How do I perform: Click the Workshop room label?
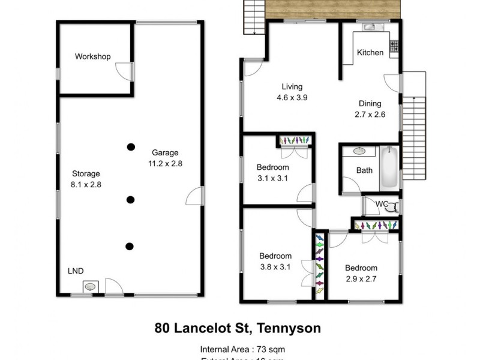coord(92,56)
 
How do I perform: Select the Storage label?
coord(83,174)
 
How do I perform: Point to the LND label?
coord(75,271)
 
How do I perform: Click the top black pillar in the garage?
coord(130,146)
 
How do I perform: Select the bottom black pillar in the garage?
coord(130,246)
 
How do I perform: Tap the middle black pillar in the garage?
coord(130,200)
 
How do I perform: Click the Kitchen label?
coord(370,53)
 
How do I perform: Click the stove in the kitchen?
coord(395,45)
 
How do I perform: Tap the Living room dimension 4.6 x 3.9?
coord(292,98)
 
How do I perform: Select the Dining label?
coord(371,103)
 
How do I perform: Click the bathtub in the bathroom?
coord(390,167)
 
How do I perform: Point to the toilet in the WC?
coord(391,208)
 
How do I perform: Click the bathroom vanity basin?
coord(360,151)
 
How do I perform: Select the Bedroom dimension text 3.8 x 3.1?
coord(275,266)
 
